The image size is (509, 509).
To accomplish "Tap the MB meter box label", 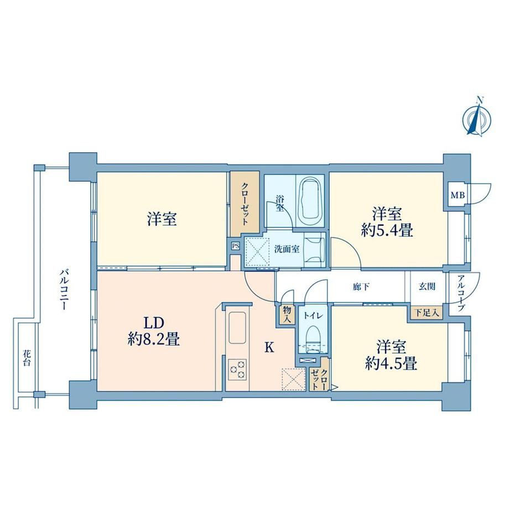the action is click(458, 195).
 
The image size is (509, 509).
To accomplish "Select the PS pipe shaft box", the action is click(236, 246).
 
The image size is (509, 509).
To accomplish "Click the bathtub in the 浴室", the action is click(311, 201).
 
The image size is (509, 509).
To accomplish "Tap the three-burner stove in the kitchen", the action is click(237, 370).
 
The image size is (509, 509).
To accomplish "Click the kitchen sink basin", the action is click(237, 327).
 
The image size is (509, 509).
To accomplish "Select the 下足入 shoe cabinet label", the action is click(427, 313).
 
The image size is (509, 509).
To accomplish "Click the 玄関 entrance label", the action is click(427, 287).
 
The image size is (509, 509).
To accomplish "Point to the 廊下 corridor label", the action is click(361, 287).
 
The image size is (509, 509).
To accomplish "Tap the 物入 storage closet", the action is click(287, 315).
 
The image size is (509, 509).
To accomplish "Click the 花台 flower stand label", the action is click(27, 357).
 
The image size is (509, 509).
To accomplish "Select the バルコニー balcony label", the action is click(64, 289).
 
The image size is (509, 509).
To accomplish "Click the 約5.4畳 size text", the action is click(387, 231).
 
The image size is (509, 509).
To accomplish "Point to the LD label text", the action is click(154, 323).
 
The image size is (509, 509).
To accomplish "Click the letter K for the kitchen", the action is click(269, 347).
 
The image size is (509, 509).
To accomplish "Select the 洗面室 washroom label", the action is click(287, 249).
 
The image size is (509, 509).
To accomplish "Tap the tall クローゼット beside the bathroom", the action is click(245, 204).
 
